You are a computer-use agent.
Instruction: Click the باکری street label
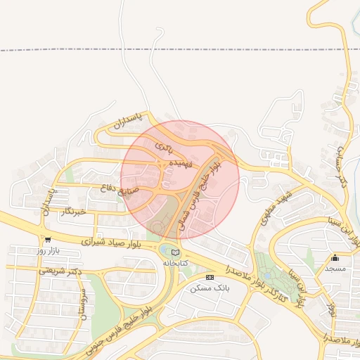pyautogui.click(x=163, y=147)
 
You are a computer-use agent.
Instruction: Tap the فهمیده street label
pyautogui.click(x=174, y=163)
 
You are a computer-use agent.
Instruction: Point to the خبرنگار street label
pyautogui.click(x=73, y=210)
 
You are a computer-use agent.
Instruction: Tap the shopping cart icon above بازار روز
pyautogui.click(x=47, y=239)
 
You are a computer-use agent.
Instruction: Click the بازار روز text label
pyautogui.click(x=49, y=250)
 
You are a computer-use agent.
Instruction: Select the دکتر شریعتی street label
pyautogui.click(x=60, y=269)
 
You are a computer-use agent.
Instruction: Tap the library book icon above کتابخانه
pyautogui.click(x=175, y=252)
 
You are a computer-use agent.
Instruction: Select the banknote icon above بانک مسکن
pyautogui.click(x=210, y=278)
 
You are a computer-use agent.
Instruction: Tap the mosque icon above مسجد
pyautogui.click(x=335, y=257)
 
